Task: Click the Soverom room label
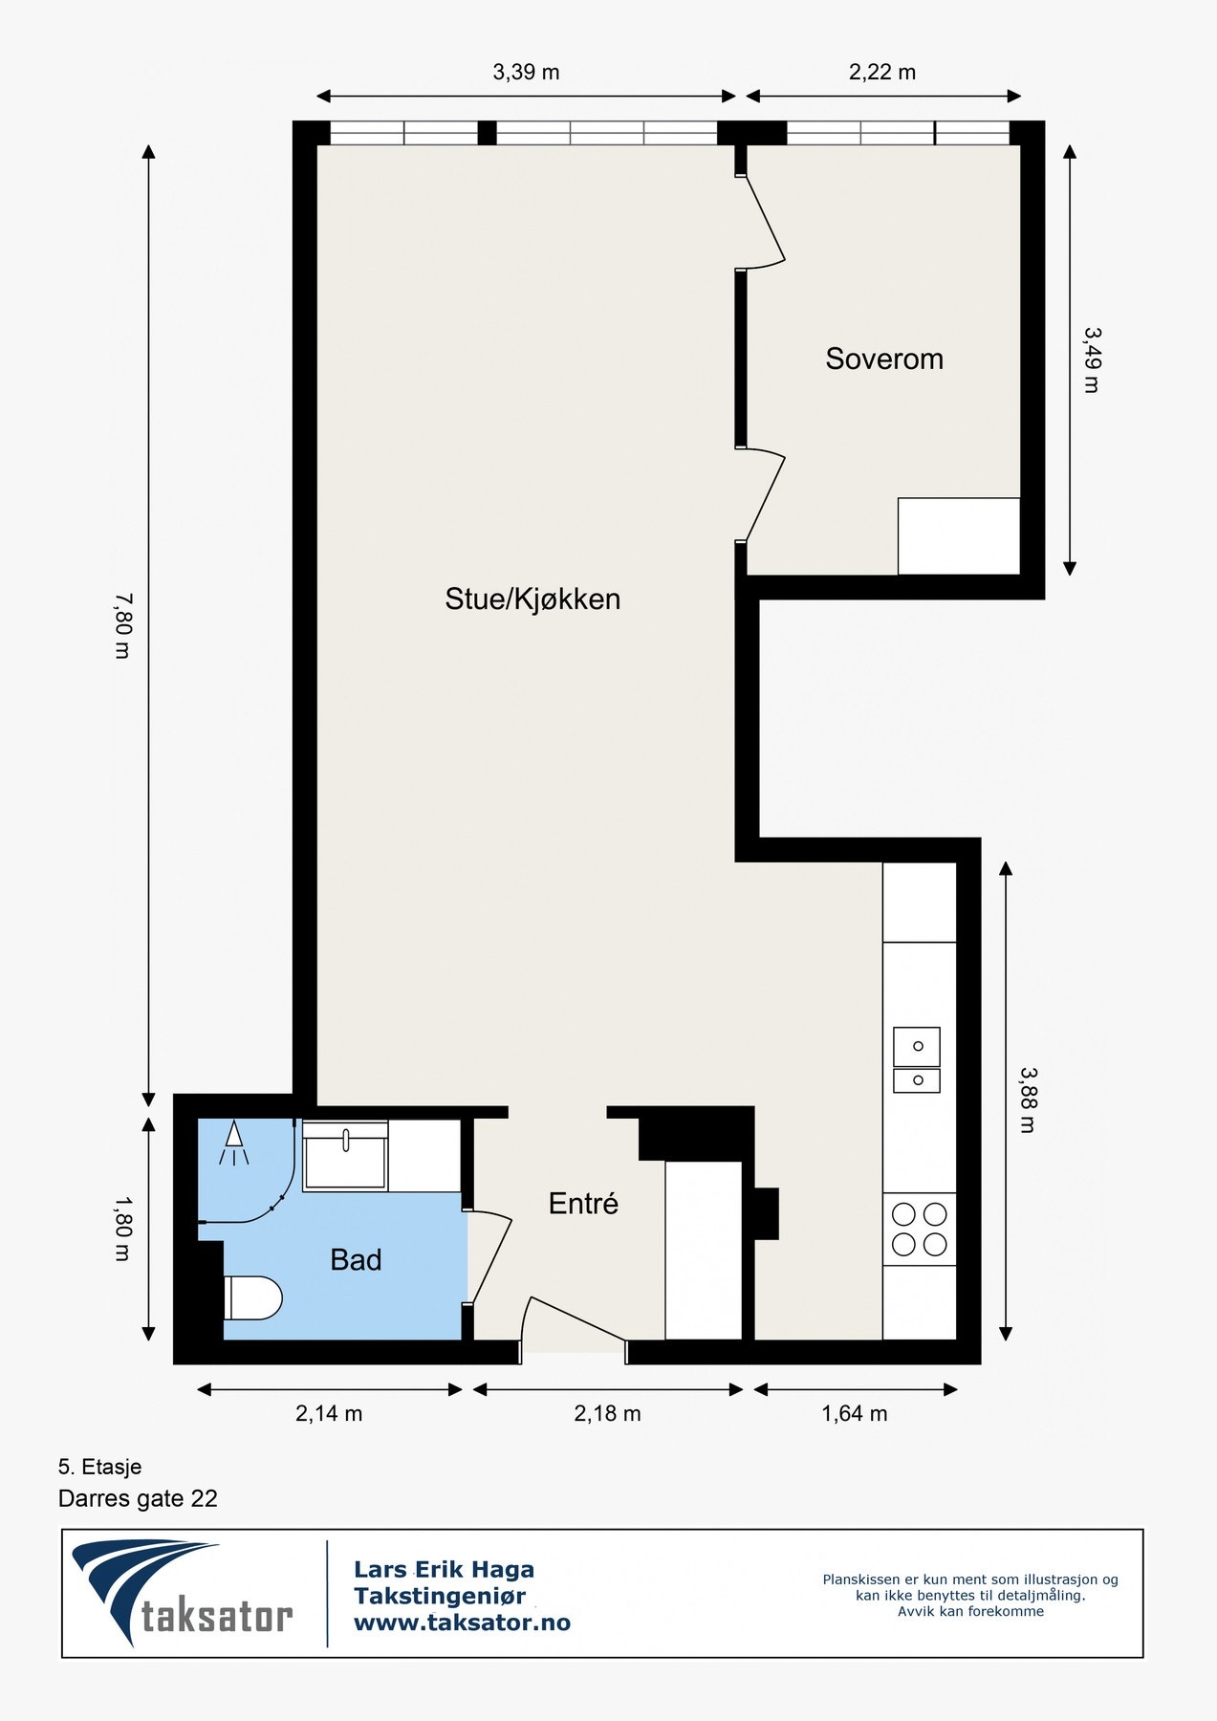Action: [x=884, y=359]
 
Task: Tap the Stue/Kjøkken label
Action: [x=532, y=599]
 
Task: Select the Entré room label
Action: [x=583, y=1203]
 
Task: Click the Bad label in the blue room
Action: [x=356, y=1259]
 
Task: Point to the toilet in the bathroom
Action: [x=252, y=1297]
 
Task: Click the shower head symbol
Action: [x=234, y=1144]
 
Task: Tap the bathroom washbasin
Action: [x=345, y=1156]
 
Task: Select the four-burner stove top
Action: [x=920, y=1230]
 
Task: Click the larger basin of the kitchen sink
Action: [x=917, y=1047]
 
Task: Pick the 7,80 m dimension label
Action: [x=122, y=625]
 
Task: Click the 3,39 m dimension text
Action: [x=526, y=72]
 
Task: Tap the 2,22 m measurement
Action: [x=882, y=72]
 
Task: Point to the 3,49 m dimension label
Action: [x=1092, y=360]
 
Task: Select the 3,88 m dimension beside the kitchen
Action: [x=1028, y=1100]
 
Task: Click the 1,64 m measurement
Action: [x=855, y=1413]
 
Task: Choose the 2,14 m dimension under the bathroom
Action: [x=329, y=1413]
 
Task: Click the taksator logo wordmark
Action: [x=217, y=1616]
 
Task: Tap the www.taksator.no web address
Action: [x=462, y=1623]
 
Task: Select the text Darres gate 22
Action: [x=138, y=1498]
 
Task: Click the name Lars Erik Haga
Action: [x=444, y=1569]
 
